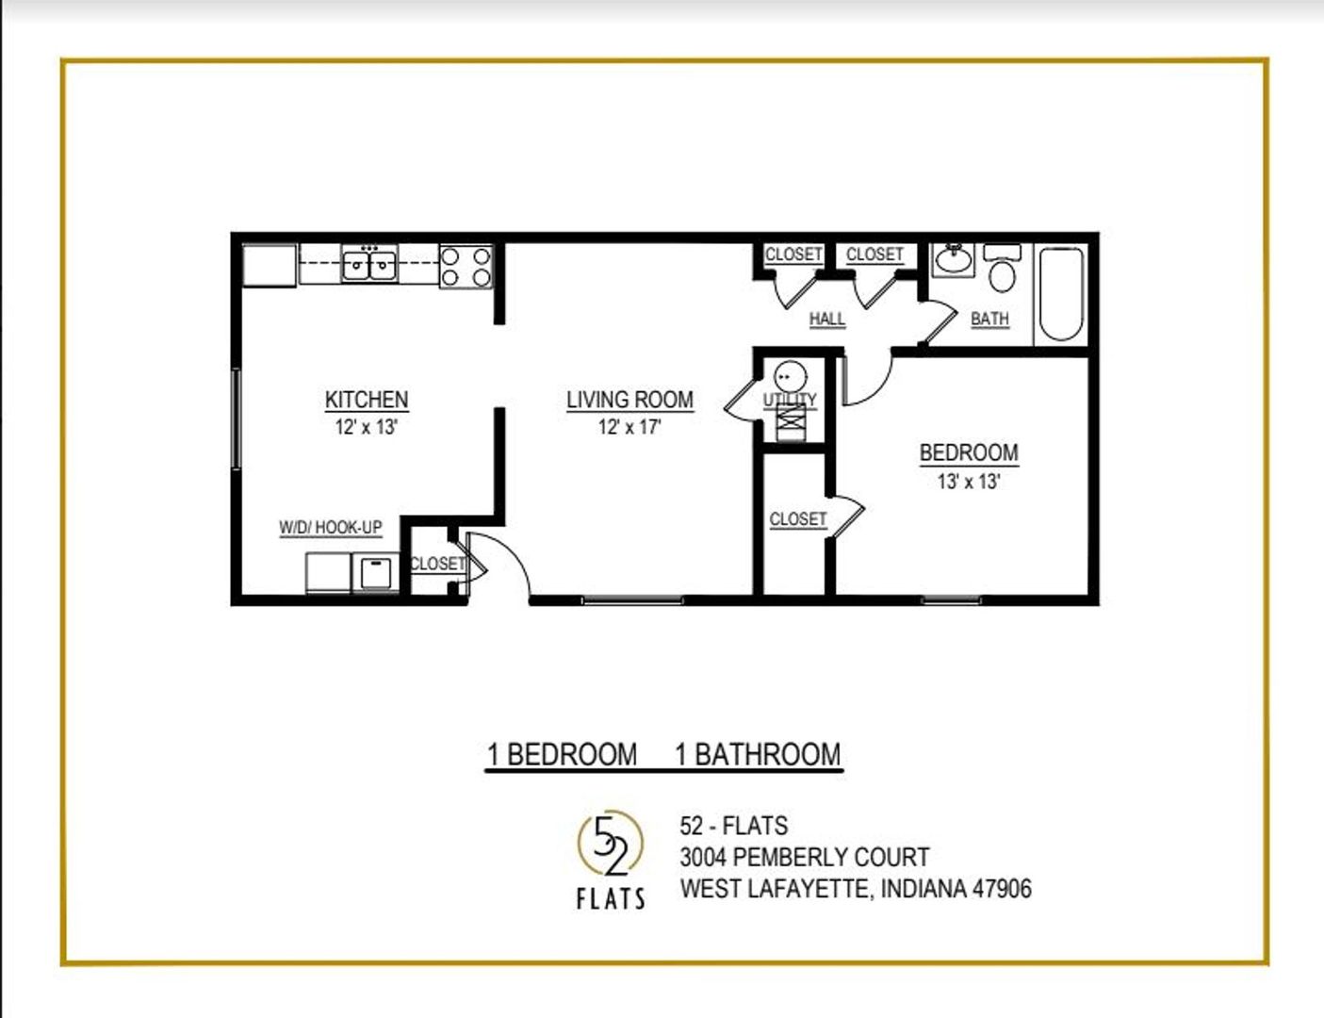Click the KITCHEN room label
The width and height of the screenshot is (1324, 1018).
pyautogui.click(x=367, y=400)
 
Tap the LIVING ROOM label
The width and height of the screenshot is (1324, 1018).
pyautogui.click(x=630, y=400)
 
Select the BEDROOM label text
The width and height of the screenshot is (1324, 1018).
pyautogui.click(x=969, y=452)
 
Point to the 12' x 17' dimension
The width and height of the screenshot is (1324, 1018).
pyautogui.click(x=630, y=427)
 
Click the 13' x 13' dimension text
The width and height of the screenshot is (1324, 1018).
pyautogui.click(x=969, y=482)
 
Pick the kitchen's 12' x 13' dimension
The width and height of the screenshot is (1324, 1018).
pyautogui.click(x=367, y=427)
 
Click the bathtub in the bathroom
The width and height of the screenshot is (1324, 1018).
pyautogui.click(x=1061, y=294)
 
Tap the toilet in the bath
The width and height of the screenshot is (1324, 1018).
pyautogui.click(x=1003, y=268)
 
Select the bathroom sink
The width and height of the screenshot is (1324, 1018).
pyautogui.click(x=953, y=260)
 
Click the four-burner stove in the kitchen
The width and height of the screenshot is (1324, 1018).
pyautogui.click(x=466, y=267)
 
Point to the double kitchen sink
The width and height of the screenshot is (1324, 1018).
pyautogui.click(x=369, y=265)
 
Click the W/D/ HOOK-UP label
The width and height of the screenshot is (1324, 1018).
pyautogui.click(x=331, y=527)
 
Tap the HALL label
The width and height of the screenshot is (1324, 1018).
pyautogui.click(x=826, y=319)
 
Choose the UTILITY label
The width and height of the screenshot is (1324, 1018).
pyautogui.click(x=790, y=400)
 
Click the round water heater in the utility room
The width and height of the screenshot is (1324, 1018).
pyautogui.click(x=791, y=377)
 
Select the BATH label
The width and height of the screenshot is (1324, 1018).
pyautogui.click(x=989, y=319)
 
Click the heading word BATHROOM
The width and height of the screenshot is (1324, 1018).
pyautogui.click(x=768, y=754)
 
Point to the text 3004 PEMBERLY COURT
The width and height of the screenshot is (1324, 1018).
pyautogui.click(x=805, y=857)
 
